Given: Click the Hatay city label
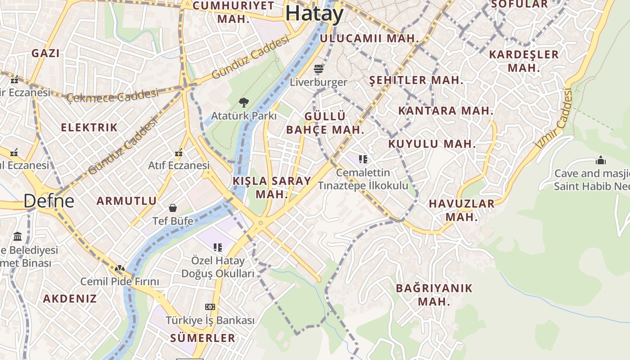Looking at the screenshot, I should click(x=314, y=13).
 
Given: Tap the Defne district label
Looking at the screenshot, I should click(x=49, y=201).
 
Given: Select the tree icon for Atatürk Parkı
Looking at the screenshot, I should click(x=244, y=103).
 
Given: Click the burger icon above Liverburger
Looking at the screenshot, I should click(x=319, y=69).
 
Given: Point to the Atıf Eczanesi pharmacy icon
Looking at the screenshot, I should click(x=179, y=153).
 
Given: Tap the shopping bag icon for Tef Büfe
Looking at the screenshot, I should click(x=173, y=207).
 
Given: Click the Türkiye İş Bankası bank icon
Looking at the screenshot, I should click(x=210, y=307).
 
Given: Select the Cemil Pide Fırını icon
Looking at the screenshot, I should click(x=120, y=269).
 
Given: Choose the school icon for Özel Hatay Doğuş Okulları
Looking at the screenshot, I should click(x=218, y=247).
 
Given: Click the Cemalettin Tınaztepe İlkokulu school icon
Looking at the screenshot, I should click(x=363, y=159).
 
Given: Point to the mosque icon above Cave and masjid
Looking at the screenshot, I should click(x=600, y=160).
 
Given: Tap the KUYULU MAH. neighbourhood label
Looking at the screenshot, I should click(x=432, y=144).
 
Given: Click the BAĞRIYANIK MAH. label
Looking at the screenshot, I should click(x=434, y=295).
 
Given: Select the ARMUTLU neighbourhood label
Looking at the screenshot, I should click(x=127, y=201).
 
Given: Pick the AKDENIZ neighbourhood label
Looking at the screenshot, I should click(x=70, y=298).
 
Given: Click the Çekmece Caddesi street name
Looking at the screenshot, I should click(x=112, y=95).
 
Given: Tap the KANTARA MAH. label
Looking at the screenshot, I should click(x=445, y=111).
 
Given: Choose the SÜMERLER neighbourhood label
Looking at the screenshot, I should click(x=202, y=338).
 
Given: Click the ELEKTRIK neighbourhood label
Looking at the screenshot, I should click(x=89, y=127).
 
